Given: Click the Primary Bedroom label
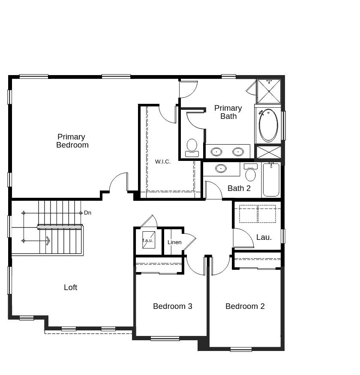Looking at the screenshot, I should click(x=72, y=141).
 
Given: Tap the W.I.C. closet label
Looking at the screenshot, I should click(x=163, y=162).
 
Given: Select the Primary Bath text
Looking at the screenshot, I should click(x=228, y=112).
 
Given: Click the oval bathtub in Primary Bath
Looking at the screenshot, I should click(x=268, y=125).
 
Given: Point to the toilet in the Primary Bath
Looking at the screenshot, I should click(x=192, y=147).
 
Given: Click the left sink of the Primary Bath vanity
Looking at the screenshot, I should click(x=216, y=151).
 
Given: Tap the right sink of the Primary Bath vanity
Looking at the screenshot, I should click(x=238, y=151).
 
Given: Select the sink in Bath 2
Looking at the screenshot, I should click(x=221, y=169).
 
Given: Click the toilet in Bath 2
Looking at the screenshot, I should click(x=250, y=172).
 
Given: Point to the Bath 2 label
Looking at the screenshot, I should click(x=239, y=188).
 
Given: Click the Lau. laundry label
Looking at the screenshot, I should click(x=264, y=237).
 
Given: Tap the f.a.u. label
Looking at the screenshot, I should click(x=148, y=240).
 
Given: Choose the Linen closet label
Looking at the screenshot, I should click(x=174, y=242).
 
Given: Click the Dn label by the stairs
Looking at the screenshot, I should click(x=87, y=213).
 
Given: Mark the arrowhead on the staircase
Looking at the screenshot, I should click(x=48, y=241).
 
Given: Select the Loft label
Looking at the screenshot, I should click(x=70, y=287).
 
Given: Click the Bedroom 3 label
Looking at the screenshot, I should click(x=172, y=306).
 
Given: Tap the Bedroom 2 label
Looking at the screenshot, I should click(x=245, y=306).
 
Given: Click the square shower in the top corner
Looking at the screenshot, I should click(x=269, y=91).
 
